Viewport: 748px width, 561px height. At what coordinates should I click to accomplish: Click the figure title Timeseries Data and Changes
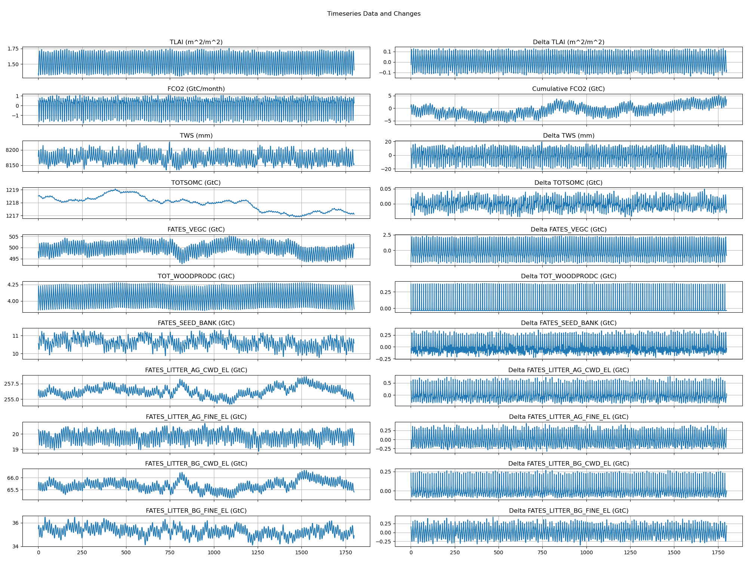click(x=374, y=14)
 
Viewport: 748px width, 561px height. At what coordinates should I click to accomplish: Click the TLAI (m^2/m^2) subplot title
click(x=196, y=42)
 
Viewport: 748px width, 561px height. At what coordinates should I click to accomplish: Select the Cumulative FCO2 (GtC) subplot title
click(x=568, y=89)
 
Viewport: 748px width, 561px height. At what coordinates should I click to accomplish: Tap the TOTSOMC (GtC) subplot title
click(x=196, y=183)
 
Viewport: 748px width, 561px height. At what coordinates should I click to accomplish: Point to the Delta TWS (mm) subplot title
click(x=568, y=136)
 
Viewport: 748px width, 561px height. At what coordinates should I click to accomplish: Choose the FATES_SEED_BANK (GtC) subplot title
click(x=196, y=323)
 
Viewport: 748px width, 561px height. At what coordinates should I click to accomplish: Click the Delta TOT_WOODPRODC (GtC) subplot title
click(x=568, y=276)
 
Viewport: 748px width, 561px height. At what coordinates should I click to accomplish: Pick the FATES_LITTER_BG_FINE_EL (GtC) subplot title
click(x=196, y=511)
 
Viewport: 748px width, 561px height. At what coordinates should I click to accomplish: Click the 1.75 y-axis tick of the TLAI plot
click(x=13, y=49)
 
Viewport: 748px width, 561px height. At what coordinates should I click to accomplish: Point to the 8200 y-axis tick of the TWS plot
click(x=12, y=150)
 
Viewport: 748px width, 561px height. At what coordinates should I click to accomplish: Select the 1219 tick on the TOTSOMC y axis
click(x=12, y=190)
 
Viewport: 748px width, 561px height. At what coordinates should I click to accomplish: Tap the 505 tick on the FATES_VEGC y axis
click(x=14, y=237)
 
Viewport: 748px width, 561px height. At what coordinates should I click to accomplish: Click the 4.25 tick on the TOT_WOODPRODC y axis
click(x=13, y=285)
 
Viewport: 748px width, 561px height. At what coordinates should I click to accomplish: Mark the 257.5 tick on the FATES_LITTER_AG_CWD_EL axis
click(x=12, y=384)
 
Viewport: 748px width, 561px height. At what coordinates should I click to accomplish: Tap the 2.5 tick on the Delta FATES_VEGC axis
click(x=387, y=235)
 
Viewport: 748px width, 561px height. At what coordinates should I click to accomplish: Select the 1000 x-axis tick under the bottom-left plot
click(x=214, y=552)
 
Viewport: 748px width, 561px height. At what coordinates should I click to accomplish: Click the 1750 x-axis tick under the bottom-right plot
click(x=718, y=552)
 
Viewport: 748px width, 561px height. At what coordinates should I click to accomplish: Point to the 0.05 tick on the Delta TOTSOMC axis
click(x=386, y=189)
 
